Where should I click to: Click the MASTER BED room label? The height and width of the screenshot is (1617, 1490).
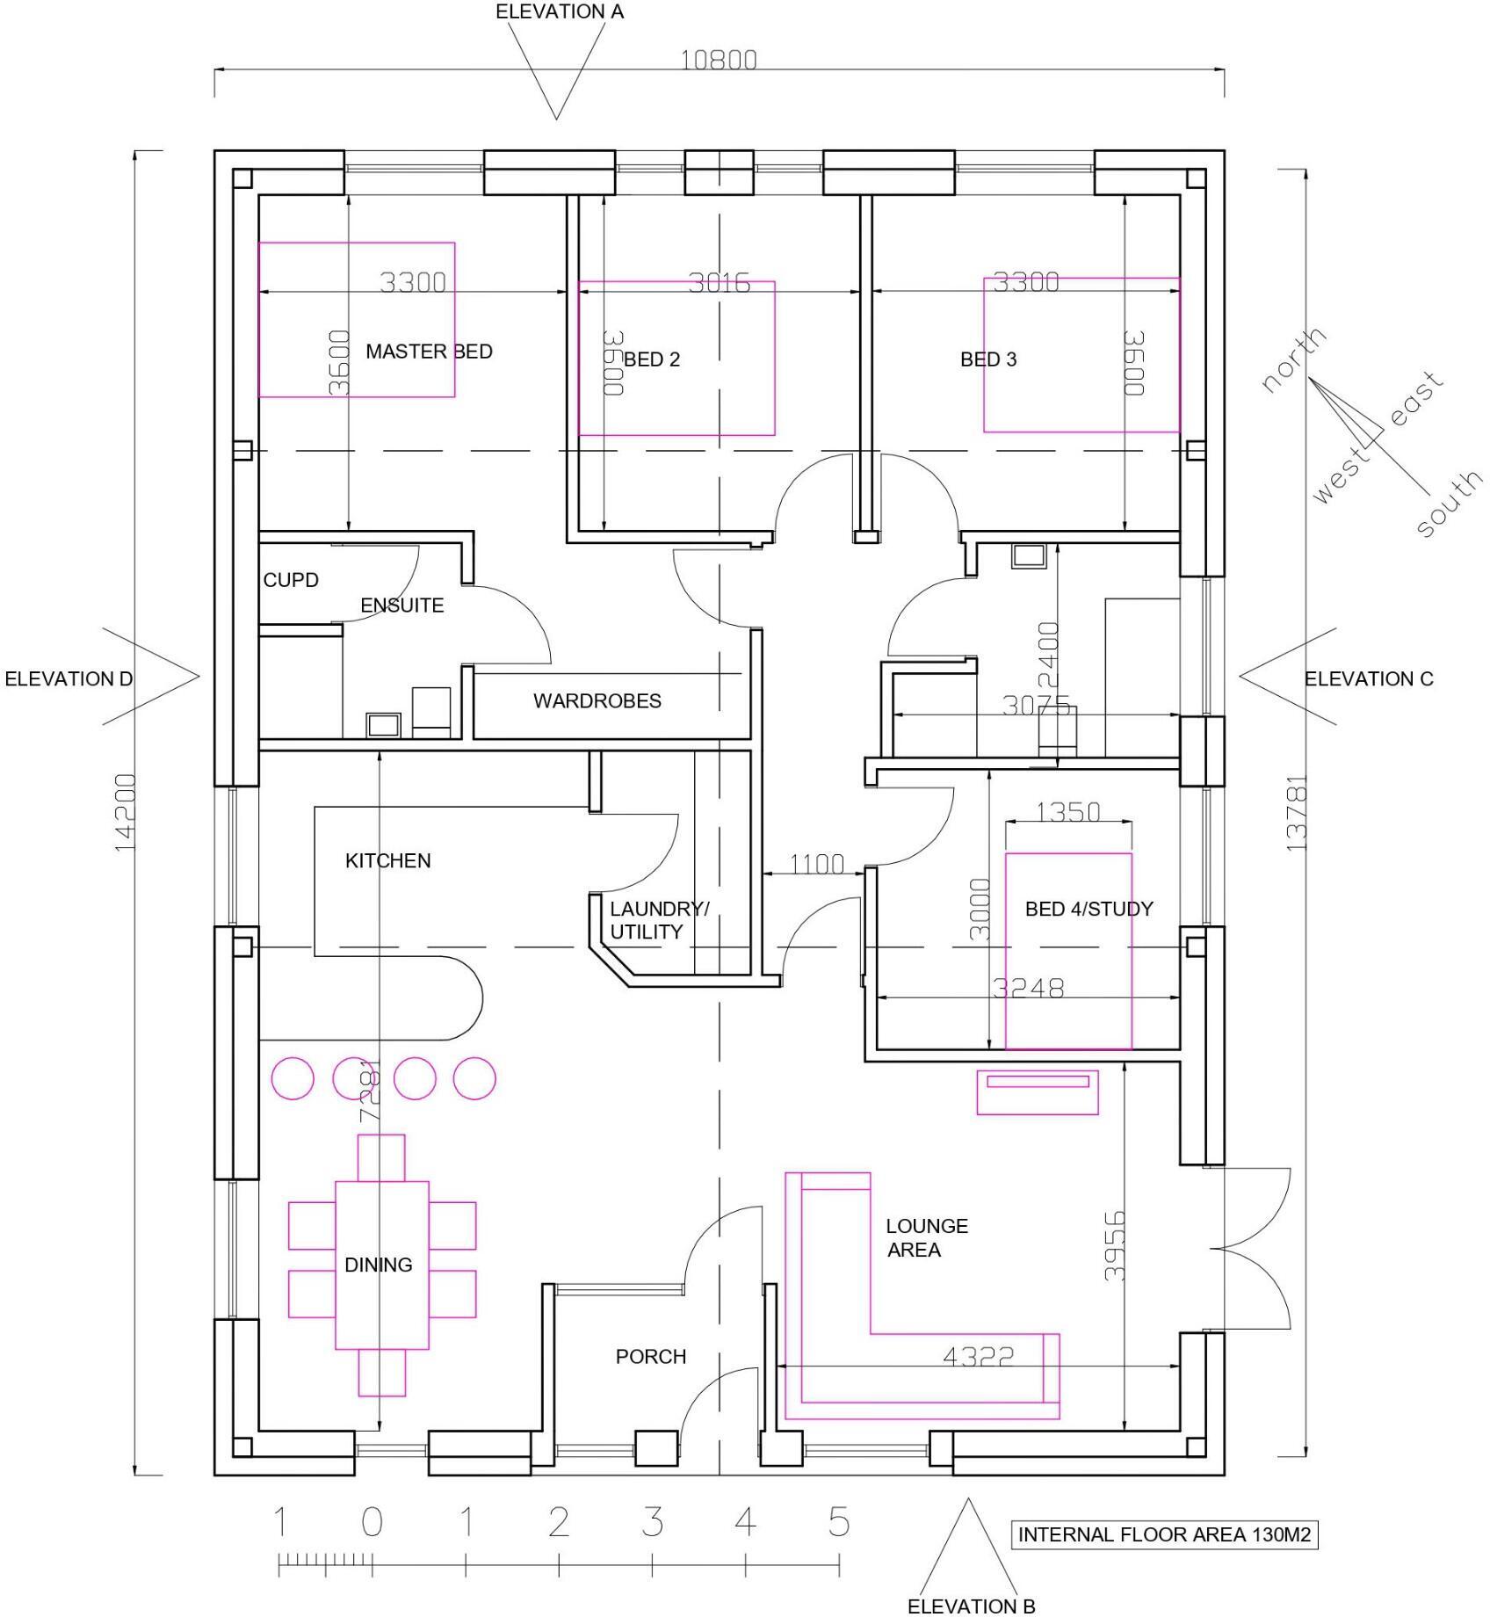(x=429, y=352)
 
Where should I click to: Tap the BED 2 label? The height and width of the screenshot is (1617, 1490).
(x=651, y=359)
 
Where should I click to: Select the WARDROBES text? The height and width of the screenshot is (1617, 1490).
(x=597, y=701)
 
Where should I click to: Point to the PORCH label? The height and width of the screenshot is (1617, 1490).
(x=650, y=1357)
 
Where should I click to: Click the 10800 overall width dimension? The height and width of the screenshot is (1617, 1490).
(x=719, y=60)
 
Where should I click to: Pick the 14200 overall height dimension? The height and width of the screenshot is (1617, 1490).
(x=126, y=812)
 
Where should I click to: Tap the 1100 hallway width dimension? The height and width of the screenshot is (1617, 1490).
(x=816, y=865)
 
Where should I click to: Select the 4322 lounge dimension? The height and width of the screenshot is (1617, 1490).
(x=978, y=1358)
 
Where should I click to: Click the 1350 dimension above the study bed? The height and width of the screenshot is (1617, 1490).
(x=1067, y=812)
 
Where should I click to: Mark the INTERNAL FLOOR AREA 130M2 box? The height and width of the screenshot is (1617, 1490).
(x=1164, y=1535)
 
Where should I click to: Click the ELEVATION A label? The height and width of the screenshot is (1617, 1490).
(x=560, y=12)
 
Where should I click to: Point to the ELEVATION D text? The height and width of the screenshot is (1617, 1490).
(x=69, y=679)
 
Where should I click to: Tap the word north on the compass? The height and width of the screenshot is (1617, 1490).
(x=1293, y=360)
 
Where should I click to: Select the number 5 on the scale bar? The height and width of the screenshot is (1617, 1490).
(x=839, y=1522)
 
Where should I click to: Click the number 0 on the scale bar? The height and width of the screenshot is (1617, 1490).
(x=372, y=1522)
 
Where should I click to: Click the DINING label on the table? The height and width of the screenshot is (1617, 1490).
(x=378, y=1265)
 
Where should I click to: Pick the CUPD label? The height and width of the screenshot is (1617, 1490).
(x=291, y=581)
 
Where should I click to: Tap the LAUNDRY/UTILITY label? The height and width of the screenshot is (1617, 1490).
(x=658, y=921)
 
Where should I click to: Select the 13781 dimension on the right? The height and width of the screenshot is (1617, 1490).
(x=1297, y=812)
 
